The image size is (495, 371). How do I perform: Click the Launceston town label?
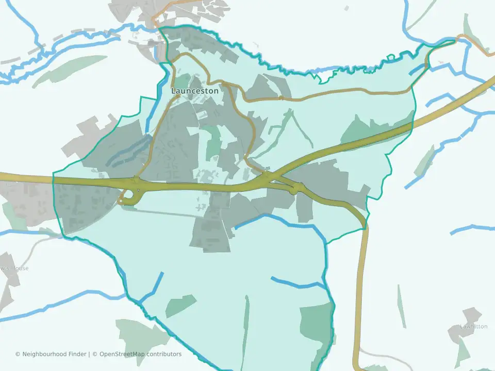(x=194, y=91)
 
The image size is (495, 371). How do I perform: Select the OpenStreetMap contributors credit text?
(x=140, y=354)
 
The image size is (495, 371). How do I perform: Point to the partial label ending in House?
(x=14, y=268)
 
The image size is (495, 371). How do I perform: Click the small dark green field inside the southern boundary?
(x=180, y=306)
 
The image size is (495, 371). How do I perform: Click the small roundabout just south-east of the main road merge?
(x=294, y=190)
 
